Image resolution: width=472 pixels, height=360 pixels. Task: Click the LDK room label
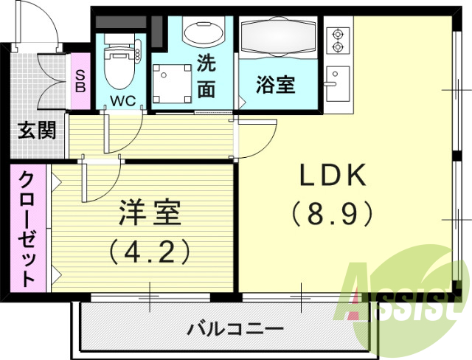pos(333,176)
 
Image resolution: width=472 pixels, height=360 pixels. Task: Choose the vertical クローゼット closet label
pos(27,228)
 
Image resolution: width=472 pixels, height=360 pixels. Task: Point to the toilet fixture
pos(117,63)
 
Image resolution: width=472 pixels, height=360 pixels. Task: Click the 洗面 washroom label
pos(206,75)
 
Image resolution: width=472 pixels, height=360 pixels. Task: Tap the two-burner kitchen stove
pos(339,41)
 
